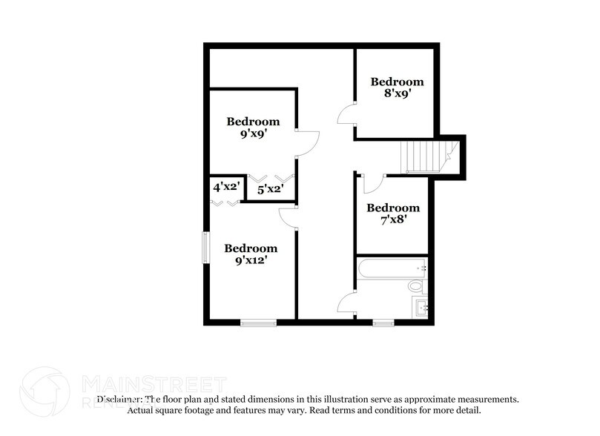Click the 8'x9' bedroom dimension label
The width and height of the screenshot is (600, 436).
(397, 94)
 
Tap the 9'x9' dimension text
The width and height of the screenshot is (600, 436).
(253, 135)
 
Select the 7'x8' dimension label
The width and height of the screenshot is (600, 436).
(392, 220)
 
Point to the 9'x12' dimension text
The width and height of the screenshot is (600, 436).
(251, 261)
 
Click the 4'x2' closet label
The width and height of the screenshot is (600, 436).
(225, 188)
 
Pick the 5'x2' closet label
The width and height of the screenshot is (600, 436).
(269, 190)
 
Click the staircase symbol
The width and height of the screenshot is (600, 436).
(426, 156)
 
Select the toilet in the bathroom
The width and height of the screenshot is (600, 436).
(416, 285)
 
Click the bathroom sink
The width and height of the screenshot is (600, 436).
(421, 307)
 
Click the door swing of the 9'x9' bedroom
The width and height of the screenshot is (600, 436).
(306, 143)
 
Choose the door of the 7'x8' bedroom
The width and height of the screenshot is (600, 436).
(373, 183)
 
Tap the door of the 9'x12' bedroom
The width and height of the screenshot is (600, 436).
(289, 216)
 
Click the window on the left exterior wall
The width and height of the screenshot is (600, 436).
(207, 246)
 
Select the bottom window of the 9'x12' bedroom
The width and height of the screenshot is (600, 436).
(258, 321)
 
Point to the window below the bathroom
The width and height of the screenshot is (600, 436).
(383, 322)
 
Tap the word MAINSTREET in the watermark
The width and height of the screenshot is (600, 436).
(153, 384)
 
